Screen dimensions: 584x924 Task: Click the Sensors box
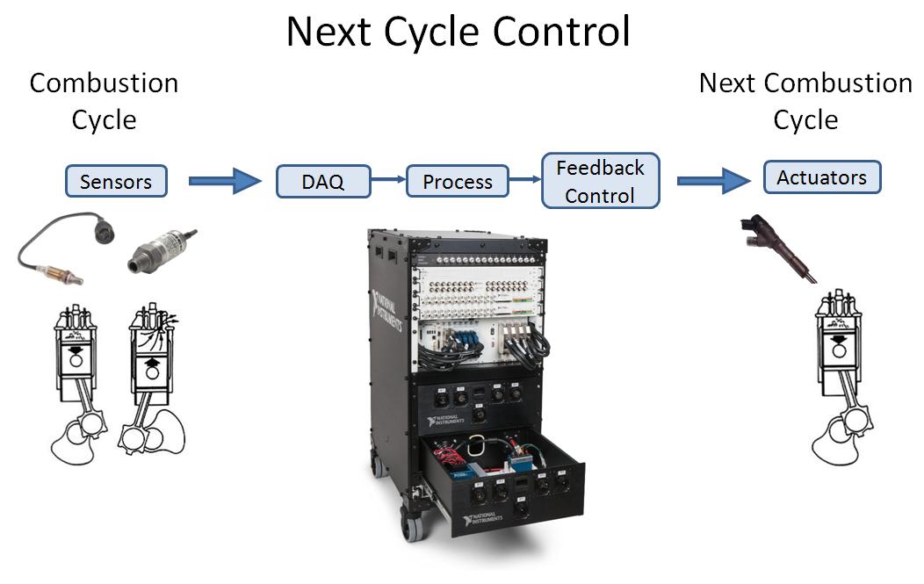pos(115,182)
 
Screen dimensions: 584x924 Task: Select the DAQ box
pos(322,182)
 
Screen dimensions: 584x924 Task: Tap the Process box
pos(457,182)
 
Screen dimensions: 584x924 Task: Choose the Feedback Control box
pos(600,182)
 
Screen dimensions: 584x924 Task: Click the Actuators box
pos(821,177)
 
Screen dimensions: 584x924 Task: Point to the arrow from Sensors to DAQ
pos(225,182)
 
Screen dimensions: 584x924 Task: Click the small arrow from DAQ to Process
pos(386,181)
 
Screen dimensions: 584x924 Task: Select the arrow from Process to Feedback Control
pos(524,181)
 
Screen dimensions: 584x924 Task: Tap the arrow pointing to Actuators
pos(713,181)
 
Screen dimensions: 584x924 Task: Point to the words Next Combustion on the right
pos(805,83)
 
